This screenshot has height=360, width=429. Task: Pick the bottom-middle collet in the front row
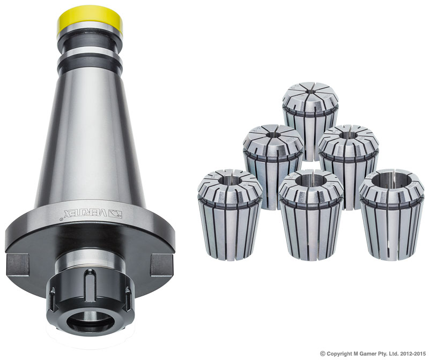click(311, 214)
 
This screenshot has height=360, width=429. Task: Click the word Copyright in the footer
click(341, 354)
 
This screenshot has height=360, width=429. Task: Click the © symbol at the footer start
click(323, 354)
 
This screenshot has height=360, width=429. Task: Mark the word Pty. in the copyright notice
click(388, 354)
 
